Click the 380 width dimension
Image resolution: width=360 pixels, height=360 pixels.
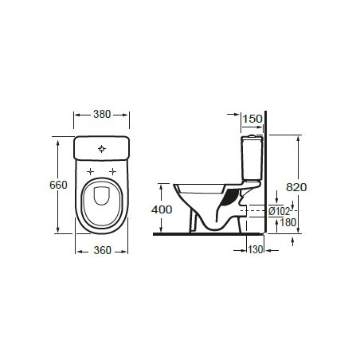click(101, 114)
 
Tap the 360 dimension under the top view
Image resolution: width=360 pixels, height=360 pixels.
click(102, 250)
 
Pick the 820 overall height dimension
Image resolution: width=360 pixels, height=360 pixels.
click(296, 186)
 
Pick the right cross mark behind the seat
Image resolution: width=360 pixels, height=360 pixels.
click(113, 171)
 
